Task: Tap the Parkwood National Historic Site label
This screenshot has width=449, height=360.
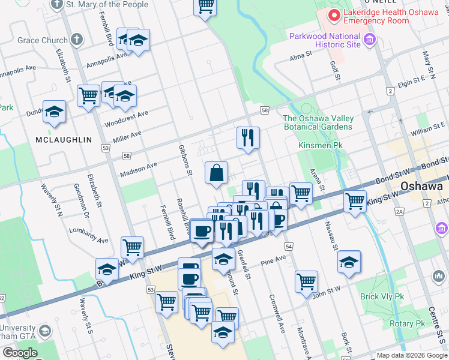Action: coord(325,40)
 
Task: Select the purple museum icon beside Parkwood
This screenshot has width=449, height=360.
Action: coord(369,41)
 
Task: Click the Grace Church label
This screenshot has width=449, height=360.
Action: coord(43,41)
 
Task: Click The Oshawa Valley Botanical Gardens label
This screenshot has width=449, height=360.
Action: coord(318,122)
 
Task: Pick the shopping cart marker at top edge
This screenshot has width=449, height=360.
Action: coord(205,6)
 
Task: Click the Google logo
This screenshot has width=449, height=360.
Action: coord(19,353)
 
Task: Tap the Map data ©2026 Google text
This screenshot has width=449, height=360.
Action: coord(411,356)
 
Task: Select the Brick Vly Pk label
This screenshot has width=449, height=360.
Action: coord(382,296)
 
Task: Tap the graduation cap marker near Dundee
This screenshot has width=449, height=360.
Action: coord(55,112)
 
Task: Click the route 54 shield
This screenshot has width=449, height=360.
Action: coord(289,247)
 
